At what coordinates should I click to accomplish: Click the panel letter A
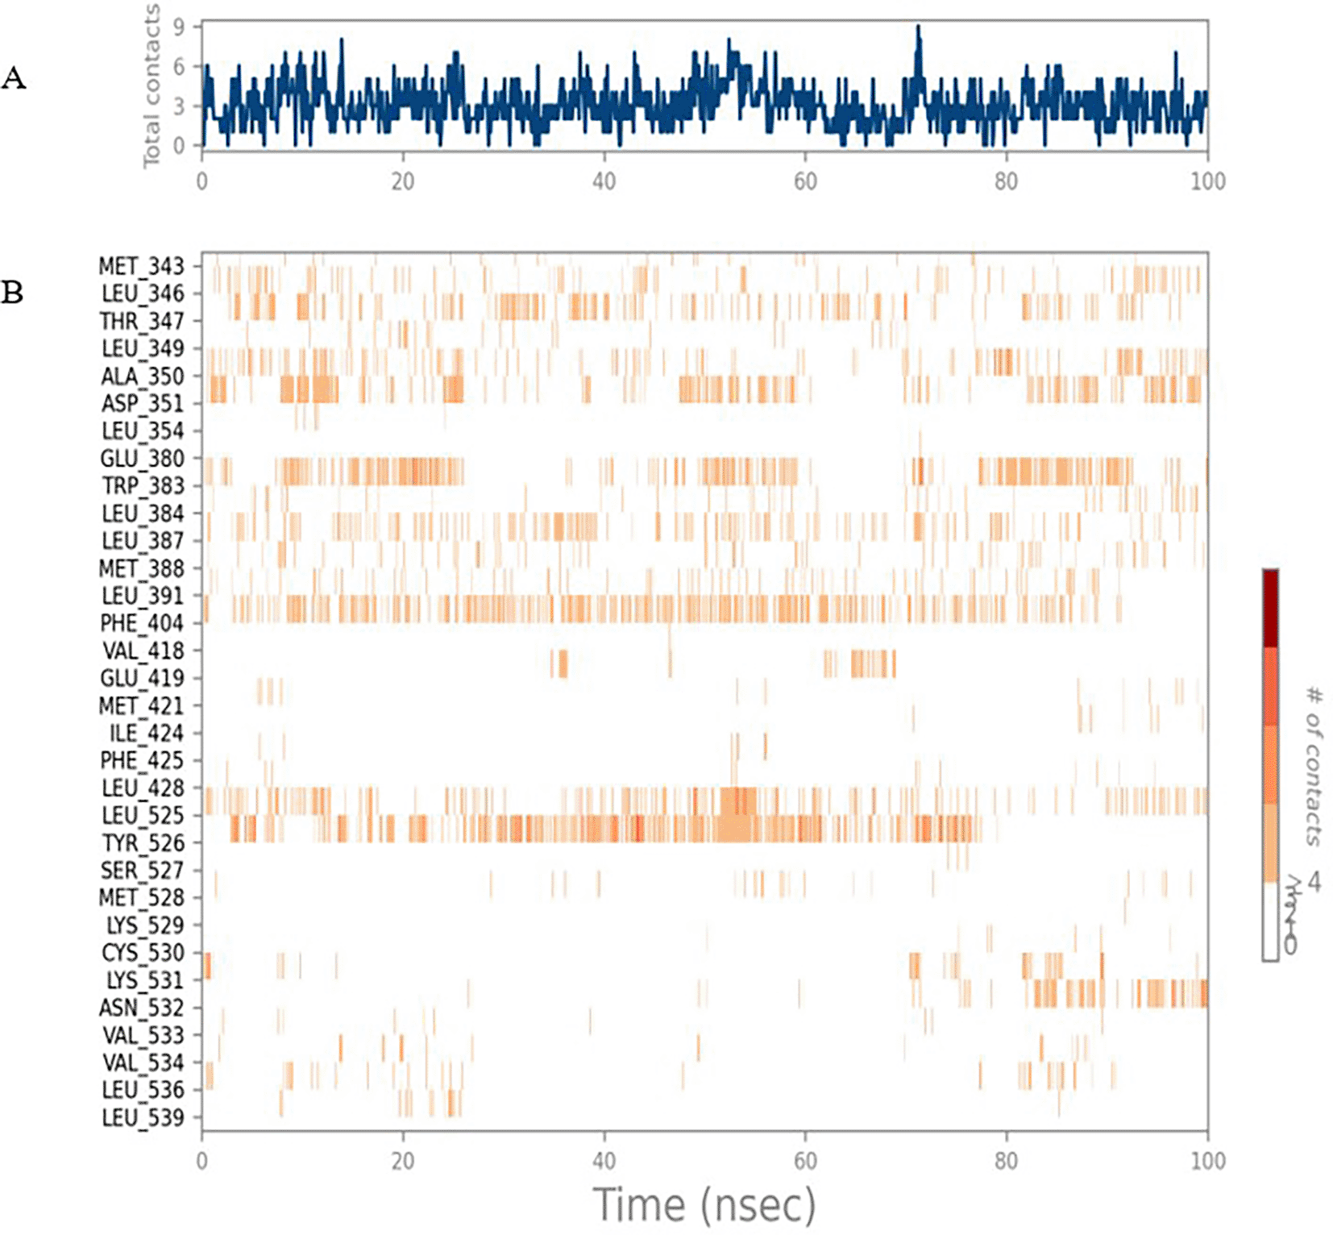coord(14,78)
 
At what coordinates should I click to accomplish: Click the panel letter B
coord(12,292)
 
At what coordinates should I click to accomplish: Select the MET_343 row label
coord(141,266)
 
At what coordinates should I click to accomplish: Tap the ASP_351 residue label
coord(142,403)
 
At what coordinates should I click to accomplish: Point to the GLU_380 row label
coord(142,459)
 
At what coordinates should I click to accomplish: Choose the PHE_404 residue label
coord(142,623)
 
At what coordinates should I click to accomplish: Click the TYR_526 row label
coord(143,843)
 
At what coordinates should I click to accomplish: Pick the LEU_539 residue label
coord(143,1118)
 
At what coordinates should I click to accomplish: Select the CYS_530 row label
coord(143,953)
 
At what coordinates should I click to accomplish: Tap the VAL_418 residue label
coord(143,651)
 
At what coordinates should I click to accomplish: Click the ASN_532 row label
coord(142,1008)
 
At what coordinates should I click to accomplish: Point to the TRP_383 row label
coord(143,486)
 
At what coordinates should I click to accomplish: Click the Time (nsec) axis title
coord(704,1205)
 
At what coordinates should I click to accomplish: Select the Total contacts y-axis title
coord(151,86)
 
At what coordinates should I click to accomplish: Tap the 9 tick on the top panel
coord(179,27)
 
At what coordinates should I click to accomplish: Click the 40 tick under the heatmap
coord(604,1161)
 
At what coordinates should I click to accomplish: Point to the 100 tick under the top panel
coord(1207,181)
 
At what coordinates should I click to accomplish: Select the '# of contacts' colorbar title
coord(1314,766)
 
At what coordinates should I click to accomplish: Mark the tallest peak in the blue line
coord(918,27)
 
